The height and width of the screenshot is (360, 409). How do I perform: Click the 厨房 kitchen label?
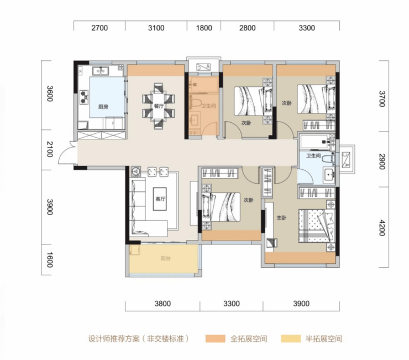click(x=103, y=107)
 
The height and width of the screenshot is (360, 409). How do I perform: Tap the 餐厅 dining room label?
click(x=159, y=106)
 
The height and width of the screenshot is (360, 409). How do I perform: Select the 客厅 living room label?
click(x=160, y=199)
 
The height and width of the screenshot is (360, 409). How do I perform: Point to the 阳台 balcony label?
click(x=165, y=258)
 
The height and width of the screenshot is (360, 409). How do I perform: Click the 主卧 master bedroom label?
click(x=281, y=218)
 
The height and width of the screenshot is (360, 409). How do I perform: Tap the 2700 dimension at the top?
click(x=99, y=28)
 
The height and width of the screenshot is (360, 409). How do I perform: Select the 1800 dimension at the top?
click(x=204, y=28)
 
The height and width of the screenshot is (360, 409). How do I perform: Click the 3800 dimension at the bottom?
click(x=162, y=304)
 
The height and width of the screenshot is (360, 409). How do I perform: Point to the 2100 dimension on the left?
click(x=50, y=149)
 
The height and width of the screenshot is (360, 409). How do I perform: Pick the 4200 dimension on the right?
click(x=382, y=228)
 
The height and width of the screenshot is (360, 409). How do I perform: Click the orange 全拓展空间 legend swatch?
click(x=215, y=338)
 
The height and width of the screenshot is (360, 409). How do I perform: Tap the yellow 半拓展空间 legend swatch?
click(x=291, y=338)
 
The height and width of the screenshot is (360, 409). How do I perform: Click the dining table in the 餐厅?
click(x=158, y=106)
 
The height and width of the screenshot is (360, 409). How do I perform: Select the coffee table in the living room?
click(x=160, y=199)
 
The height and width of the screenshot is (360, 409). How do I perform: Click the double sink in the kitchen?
click(x=100, y=71)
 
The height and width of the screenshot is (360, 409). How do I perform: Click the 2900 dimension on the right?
click(x=382, y=162)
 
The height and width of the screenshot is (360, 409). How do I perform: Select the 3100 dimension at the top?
click(x=156, y=28)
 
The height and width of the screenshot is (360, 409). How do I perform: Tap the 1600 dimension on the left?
click(x=50, y=260)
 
